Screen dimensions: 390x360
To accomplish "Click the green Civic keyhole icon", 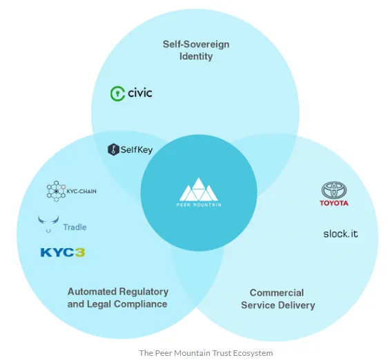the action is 117,94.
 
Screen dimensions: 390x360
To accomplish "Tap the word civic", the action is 140,93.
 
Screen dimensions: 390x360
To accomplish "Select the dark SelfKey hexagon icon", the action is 113,150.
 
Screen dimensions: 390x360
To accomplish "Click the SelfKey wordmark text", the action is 137,150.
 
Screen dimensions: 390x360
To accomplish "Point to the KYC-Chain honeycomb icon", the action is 56,191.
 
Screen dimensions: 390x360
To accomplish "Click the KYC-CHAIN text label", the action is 81,191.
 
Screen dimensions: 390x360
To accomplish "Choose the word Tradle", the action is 75,227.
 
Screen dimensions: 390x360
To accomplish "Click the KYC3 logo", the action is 63,252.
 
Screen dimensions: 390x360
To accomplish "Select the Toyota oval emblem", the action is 334,190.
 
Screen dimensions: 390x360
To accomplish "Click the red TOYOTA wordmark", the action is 334,203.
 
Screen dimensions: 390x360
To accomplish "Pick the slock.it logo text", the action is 340,234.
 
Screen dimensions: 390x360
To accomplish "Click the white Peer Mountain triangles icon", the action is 199,189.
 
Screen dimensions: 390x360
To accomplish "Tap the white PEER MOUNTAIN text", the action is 199,205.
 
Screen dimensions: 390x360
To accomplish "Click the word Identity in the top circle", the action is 196,56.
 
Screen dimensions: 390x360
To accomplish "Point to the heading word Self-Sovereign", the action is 196,44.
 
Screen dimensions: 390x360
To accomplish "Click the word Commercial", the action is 277,293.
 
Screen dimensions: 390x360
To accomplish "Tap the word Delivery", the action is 297,305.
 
